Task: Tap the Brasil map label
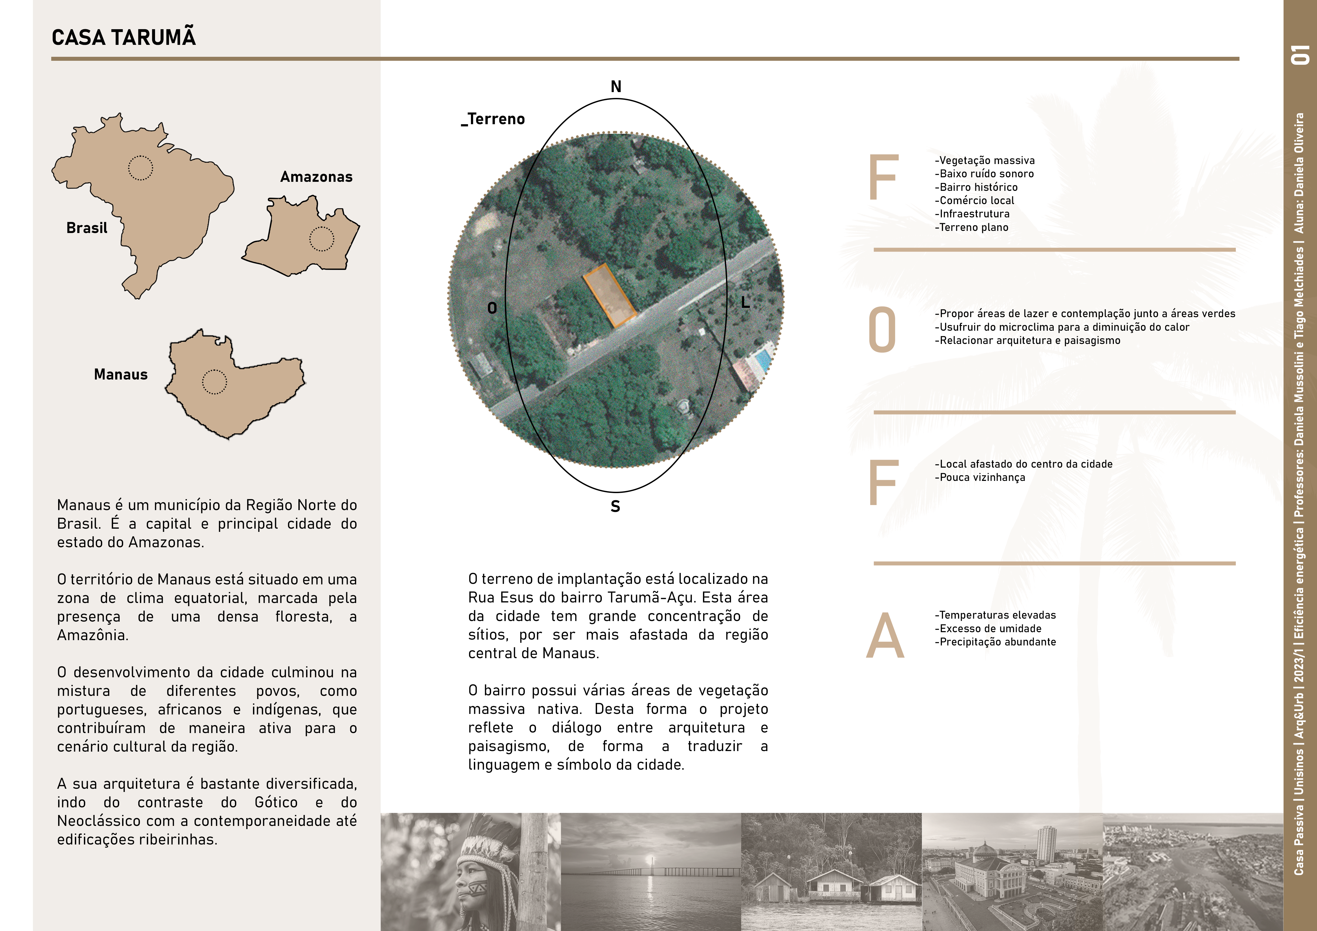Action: [x=87, y=228]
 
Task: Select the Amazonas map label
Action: [x=316, y=177]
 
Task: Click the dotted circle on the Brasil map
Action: [x=140, y=168]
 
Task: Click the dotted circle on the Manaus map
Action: [x=215, y=382]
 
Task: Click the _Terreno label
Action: [x=493, y=119]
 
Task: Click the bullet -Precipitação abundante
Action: [x=995, y=642]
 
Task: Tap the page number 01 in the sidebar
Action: [x=1300, y=54]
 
